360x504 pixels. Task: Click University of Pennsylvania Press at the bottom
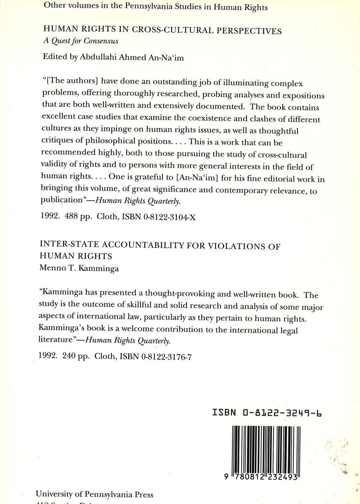pyautogui.click(x=95, y=494)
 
